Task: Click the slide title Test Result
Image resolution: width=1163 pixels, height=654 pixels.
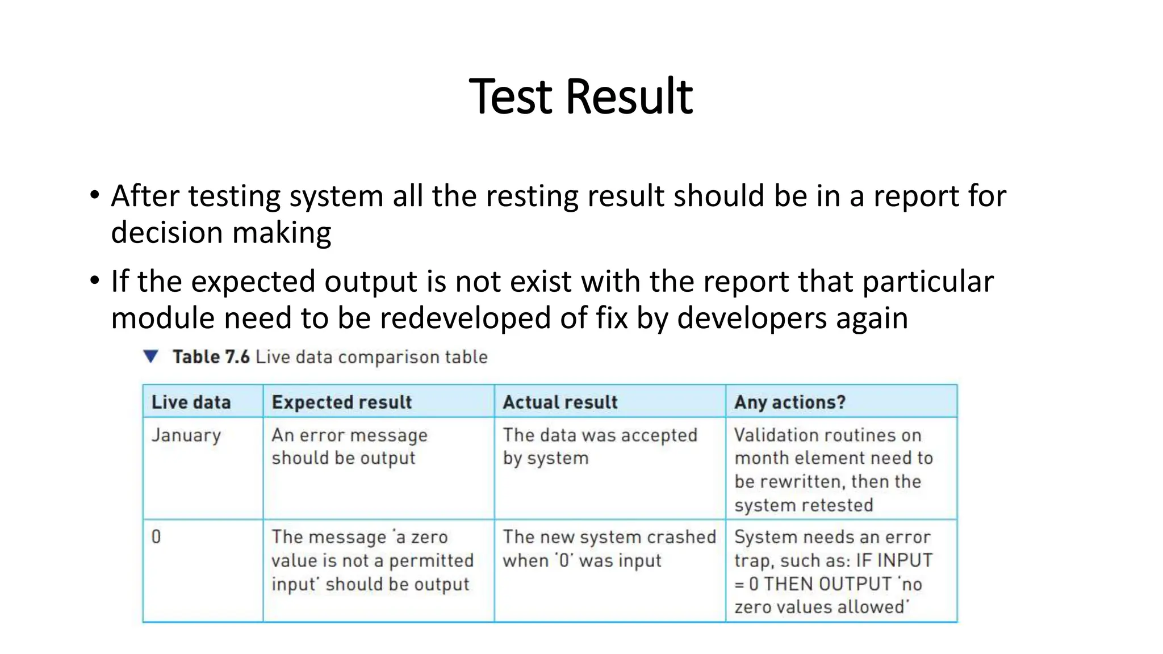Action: click(x=580, y=97)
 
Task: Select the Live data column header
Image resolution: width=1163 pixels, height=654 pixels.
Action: click(x=191, y=402)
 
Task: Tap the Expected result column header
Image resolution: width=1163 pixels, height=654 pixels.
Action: click(x=341, y=402)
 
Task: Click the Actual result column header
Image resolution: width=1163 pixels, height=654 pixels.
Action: click(x=560, y=402)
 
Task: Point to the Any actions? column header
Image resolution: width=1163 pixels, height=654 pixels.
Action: click(x=789, y=402)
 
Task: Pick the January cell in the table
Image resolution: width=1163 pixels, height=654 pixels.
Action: click(x=186, y=435)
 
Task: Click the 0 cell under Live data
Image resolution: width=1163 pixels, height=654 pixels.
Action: click(x=156, y=536)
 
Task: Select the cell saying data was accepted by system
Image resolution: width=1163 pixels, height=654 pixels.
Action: click(x=600, y=447)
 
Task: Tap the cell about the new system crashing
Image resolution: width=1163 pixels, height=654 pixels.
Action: click(x=609, y=548)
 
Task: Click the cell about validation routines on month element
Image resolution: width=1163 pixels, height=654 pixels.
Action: click(x=833, y=469)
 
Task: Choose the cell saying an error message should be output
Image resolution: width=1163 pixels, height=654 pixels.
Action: click(x=349, y=447)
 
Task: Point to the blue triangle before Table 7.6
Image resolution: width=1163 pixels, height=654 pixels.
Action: click(x=150, y=357)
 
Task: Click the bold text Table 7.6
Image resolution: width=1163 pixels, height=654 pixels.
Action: click(x=211, y=357)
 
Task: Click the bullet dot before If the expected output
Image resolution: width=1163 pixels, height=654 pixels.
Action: click(x=94, y=281)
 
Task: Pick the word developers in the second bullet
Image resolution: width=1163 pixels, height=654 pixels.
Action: click(x=752, y=318)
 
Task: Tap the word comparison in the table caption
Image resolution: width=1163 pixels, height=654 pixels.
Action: click(x=388, y=357)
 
